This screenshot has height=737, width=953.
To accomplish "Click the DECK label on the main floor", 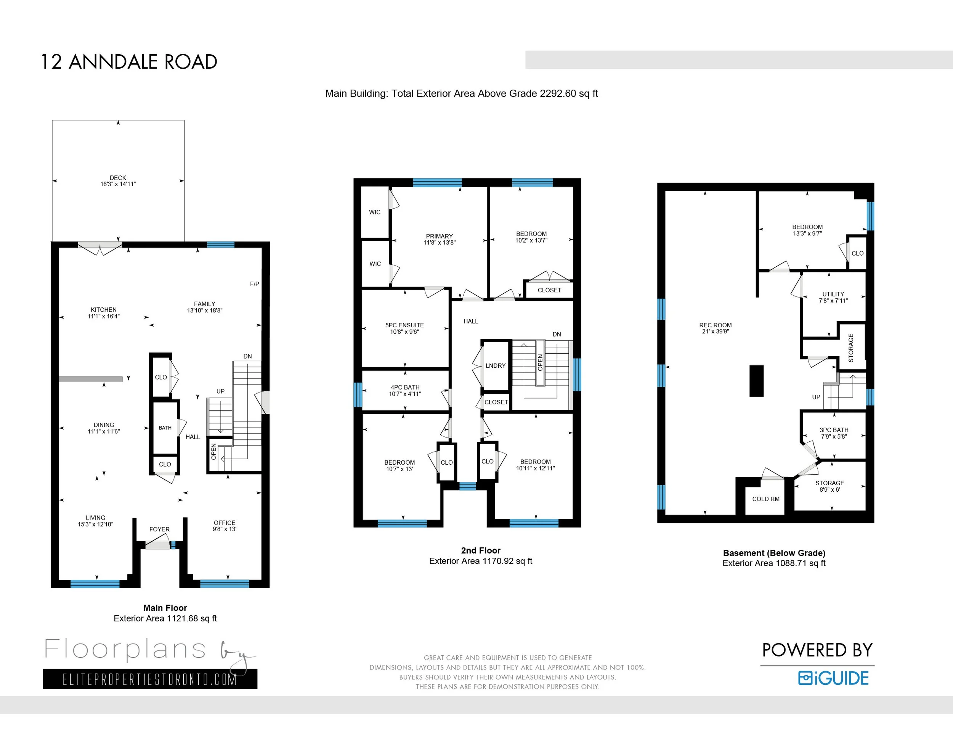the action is pyautogui.click(x=118, y=178).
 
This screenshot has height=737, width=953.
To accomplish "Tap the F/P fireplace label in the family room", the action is pyautogui.click(x=254, y=284).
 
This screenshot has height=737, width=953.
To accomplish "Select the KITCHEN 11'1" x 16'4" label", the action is pyautogui.click(x=103, y=312).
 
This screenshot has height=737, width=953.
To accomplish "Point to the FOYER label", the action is pyautogui.click(x=159, y=529).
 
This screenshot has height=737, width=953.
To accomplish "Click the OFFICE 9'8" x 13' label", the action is pyautogui.click(x=224, y=526).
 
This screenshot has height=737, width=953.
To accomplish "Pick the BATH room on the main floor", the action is pyautogui.click(x=165, y=428).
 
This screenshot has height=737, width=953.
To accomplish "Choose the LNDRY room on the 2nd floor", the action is pyautogui.click(x=495, y=365).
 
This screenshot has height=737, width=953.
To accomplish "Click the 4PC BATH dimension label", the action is pyautogui.click(x=405, y=394).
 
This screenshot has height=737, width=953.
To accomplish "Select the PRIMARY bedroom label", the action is pyautogui.click(x=440, y=236).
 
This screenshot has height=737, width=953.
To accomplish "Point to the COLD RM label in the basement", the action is pyautogui.click(x=766, y=499).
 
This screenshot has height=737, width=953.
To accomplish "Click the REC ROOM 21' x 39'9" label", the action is pyautogui.click(x=715, y=328).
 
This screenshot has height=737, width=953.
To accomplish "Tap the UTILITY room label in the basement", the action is pyautogui.click(x=833, y=294).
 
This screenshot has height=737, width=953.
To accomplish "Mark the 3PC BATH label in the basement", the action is pyautogui.click(x=834, y=430).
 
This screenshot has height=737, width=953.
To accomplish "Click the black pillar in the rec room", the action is pyautogui.click(x=756, y=381).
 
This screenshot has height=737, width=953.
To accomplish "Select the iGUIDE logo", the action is pyautogui.click(x=833, y=678).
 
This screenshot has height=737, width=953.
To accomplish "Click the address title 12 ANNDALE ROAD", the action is pyautogui.click(x=129, y=62).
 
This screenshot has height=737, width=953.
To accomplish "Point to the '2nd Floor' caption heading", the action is pyautogui.click(x=481, y=550).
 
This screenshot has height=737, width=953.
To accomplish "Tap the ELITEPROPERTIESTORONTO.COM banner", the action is pyautogui.click(x=150, y=679).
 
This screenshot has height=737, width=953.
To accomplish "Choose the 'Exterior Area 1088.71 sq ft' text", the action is pyautogui.click(x=774, y=563).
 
